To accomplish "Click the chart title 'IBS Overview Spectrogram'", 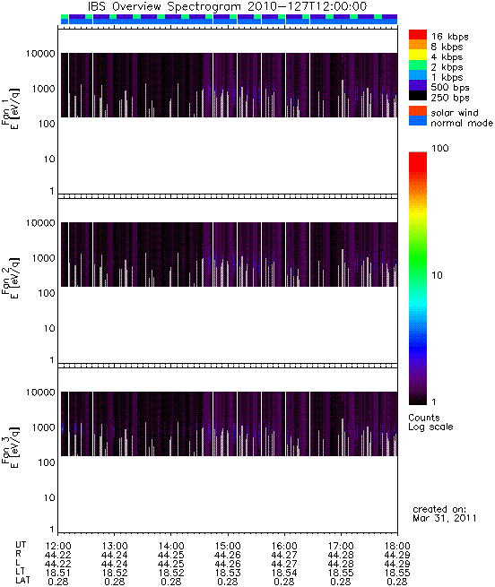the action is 165,6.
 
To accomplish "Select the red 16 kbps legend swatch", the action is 418,34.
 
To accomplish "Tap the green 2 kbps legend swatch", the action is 418,65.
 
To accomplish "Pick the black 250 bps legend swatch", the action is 418,96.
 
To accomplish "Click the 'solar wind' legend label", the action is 454,113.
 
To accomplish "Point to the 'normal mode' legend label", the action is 462,123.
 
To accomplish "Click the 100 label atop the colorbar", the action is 439,148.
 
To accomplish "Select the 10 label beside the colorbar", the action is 437,275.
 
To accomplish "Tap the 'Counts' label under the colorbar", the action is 424,418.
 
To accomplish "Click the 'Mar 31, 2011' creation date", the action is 444,518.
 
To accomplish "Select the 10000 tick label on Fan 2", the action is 40,223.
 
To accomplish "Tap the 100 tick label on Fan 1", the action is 47,124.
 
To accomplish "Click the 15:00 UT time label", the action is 228,546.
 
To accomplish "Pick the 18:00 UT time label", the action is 397,546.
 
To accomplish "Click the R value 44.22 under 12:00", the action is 57,555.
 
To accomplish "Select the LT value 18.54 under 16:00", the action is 284,573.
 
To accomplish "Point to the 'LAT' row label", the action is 22,581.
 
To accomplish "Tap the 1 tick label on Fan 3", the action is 52,530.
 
